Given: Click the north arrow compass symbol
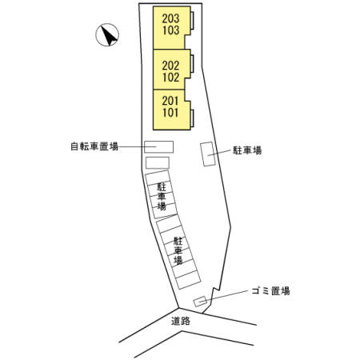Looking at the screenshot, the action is pos(107,34).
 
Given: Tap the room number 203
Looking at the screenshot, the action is pos(170,18).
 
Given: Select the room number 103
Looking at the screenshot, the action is pos(170,30).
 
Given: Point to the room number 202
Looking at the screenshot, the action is pos(170,66).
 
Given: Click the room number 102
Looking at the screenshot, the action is pos(170,78).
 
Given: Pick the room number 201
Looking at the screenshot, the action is pos(170,101).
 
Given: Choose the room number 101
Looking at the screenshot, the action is pos(170,113).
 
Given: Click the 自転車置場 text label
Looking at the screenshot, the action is pos(94,146).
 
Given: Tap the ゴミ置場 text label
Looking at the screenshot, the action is pos(270,290).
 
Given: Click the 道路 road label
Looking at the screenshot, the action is pos(181,321).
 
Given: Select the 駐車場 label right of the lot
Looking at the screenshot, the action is pos(247,150).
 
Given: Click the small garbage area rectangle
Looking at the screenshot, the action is pos(200,302).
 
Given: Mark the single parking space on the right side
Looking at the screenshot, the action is pos(208,154).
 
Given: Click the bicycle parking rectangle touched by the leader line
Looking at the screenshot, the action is pos(159,146).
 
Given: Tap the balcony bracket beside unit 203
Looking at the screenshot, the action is pos(192,21).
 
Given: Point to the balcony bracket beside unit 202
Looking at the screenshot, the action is pos(192,63).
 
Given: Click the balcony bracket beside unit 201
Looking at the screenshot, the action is pos(192,118).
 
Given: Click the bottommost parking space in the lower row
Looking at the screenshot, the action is pos(188,280).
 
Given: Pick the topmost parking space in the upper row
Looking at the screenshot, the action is pos(158,178).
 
